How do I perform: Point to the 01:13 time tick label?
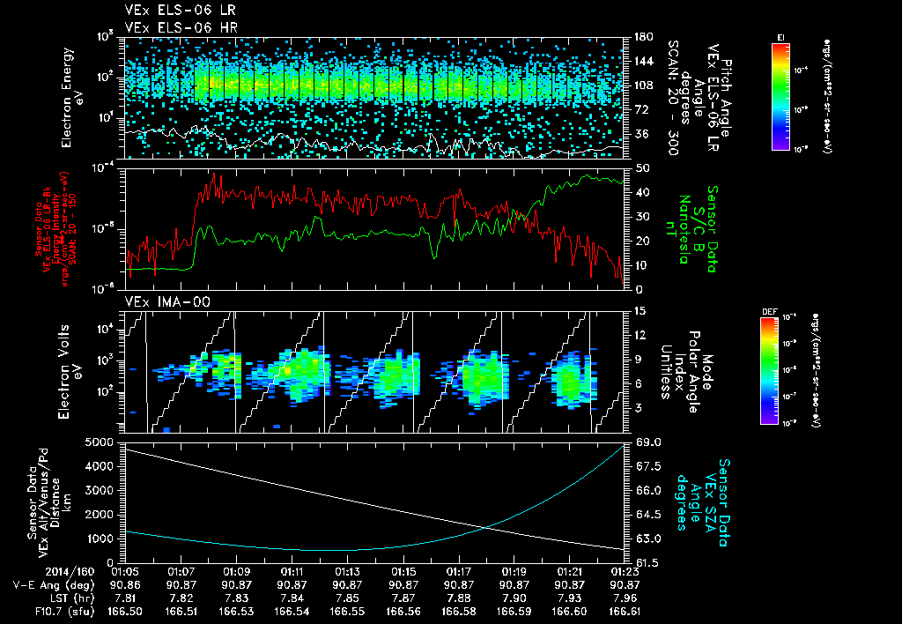click(347, 571)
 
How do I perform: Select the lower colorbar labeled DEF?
click(768, 371)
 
